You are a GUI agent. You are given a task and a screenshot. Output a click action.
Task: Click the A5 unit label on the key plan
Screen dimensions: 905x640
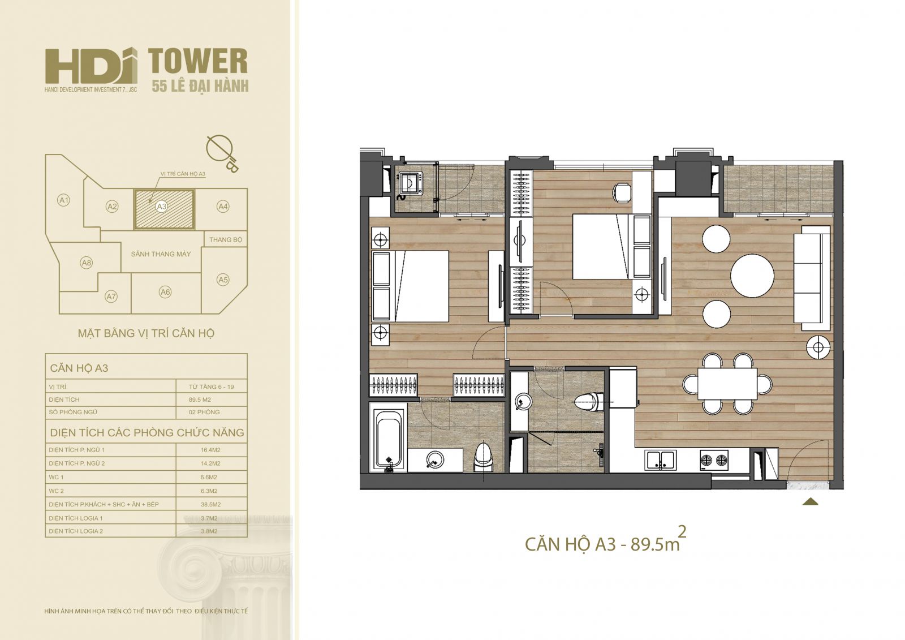tap(223, 280)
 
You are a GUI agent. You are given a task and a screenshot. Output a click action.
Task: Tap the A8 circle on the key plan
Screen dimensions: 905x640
tap(87, 263)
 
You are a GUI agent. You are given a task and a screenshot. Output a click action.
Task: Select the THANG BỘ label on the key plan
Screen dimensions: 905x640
tap(226, 240)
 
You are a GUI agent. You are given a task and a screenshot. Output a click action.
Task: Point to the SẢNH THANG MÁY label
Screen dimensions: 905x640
tap(161, 254)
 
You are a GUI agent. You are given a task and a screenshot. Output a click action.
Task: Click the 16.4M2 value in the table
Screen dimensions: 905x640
tap(210, 450)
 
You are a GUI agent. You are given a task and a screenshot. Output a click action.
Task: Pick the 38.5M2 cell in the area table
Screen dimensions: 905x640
tap(210, 505)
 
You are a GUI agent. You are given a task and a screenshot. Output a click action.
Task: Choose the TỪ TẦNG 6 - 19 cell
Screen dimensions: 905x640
tap(212, 387)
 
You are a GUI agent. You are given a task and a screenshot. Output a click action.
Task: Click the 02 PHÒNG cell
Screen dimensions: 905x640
tap(204, 413)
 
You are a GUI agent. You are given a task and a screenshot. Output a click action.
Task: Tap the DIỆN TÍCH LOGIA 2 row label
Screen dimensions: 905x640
tap(76, 531)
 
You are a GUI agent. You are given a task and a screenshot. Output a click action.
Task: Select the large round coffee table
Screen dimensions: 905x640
tap(752, 276)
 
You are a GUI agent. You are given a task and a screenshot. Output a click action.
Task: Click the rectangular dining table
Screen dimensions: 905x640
tap(727, 384)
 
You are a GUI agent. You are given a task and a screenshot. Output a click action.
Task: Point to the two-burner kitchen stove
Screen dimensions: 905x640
tap(714, 459)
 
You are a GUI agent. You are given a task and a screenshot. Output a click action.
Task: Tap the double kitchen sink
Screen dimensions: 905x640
tap(661, 460)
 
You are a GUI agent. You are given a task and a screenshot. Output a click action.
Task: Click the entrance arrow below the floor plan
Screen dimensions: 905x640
tap(810, 502)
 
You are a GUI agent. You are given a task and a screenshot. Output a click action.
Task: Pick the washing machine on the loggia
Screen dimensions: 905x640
tap(411, 185)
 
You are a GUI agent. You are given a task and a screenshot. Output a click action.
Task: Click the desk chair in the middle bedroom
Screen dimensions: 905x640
tap(622, 193)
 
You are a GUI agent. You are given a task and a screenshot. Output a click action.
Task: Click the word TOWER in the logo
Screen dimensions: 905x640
tap(197, 62)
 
